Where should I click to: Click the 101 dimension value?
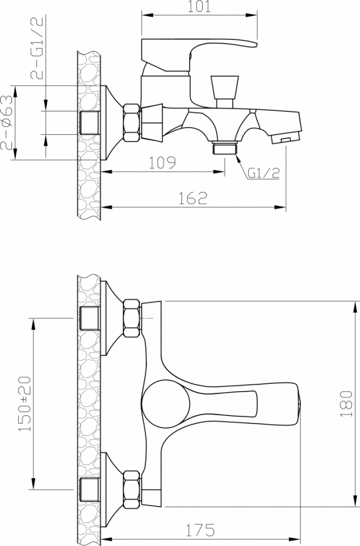point(199,7)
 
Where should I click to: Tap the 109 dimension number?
point(162,163)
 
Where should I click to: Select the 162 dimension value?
point(193,198)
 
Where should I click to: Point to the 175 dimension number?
point(200,530)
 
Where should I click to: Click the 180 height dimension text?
point(346,403)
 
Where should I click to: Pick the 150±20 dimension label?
point(25,404)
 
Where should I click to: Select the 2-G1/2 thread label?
point(37,48)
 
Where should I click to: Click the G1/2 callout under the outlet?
point(264,174)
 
